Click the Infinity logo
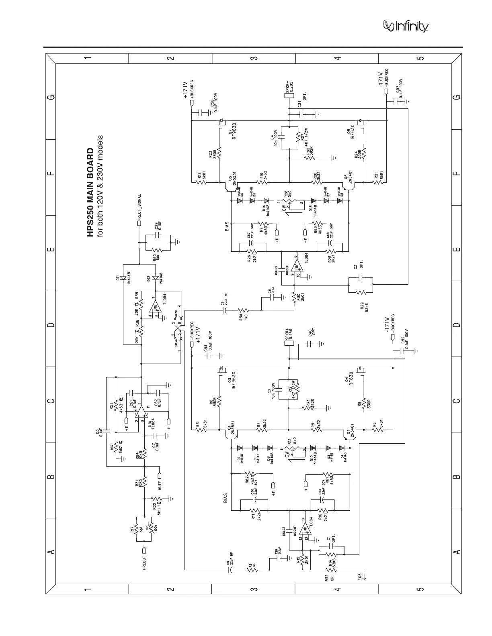coord(406,26)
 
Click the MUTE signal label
coord(160,483)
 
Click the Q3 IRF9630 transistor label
coord(232,381)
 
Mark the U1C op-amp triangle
coord(298,267)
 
